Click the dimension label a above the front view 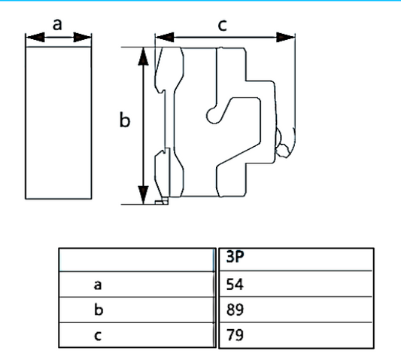tap(58, 23)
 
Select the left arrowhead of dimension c tap(160, 35)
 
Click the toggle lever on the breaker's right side tap(284, 143)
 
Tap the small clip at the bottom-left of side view tap(160, 201)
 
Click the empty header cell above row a tap(135, 259)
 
